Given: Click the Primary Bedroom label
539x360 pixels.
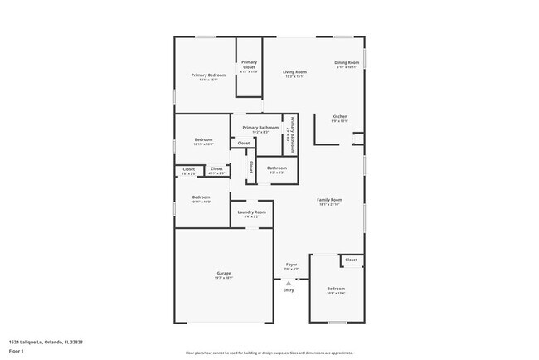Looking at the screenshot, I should click(209, 75).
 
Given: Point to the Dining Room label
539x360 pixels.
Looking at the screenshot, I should click(347, 63).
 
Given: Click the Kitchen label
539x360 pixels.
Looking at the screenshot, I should click(340, 116).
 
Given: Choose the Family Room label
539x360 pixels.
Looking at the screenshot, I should click(329, 199).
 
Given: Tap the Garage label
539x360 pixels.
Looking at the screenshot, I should click(224, 274).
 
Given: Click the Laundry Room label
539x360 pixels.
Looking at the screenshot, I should click(251, 212).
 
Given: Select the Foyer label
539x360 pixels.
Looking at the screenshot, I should click(291, 265).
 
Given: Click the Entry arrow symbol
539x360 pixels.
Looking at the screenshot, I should click(289, 283).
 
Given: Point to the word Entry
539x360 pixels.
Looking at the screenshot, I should click(289, 290).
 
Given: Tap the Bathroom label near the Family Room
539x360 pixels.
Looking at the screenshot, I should click(277, 168).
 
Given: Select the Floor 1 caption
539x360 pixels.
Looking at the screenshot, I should click(17, 351).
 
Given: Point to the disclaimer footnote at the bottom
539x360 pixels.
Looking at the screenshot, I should click(269, 352).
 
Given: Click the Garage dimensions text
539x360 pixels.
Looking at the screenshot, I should click(224, 279).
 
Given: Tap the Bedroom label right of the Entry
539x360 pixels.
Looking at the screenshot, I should click(336, 289).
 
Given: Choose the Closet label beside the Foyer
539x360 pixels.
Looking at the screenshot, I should click(352, 260).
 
